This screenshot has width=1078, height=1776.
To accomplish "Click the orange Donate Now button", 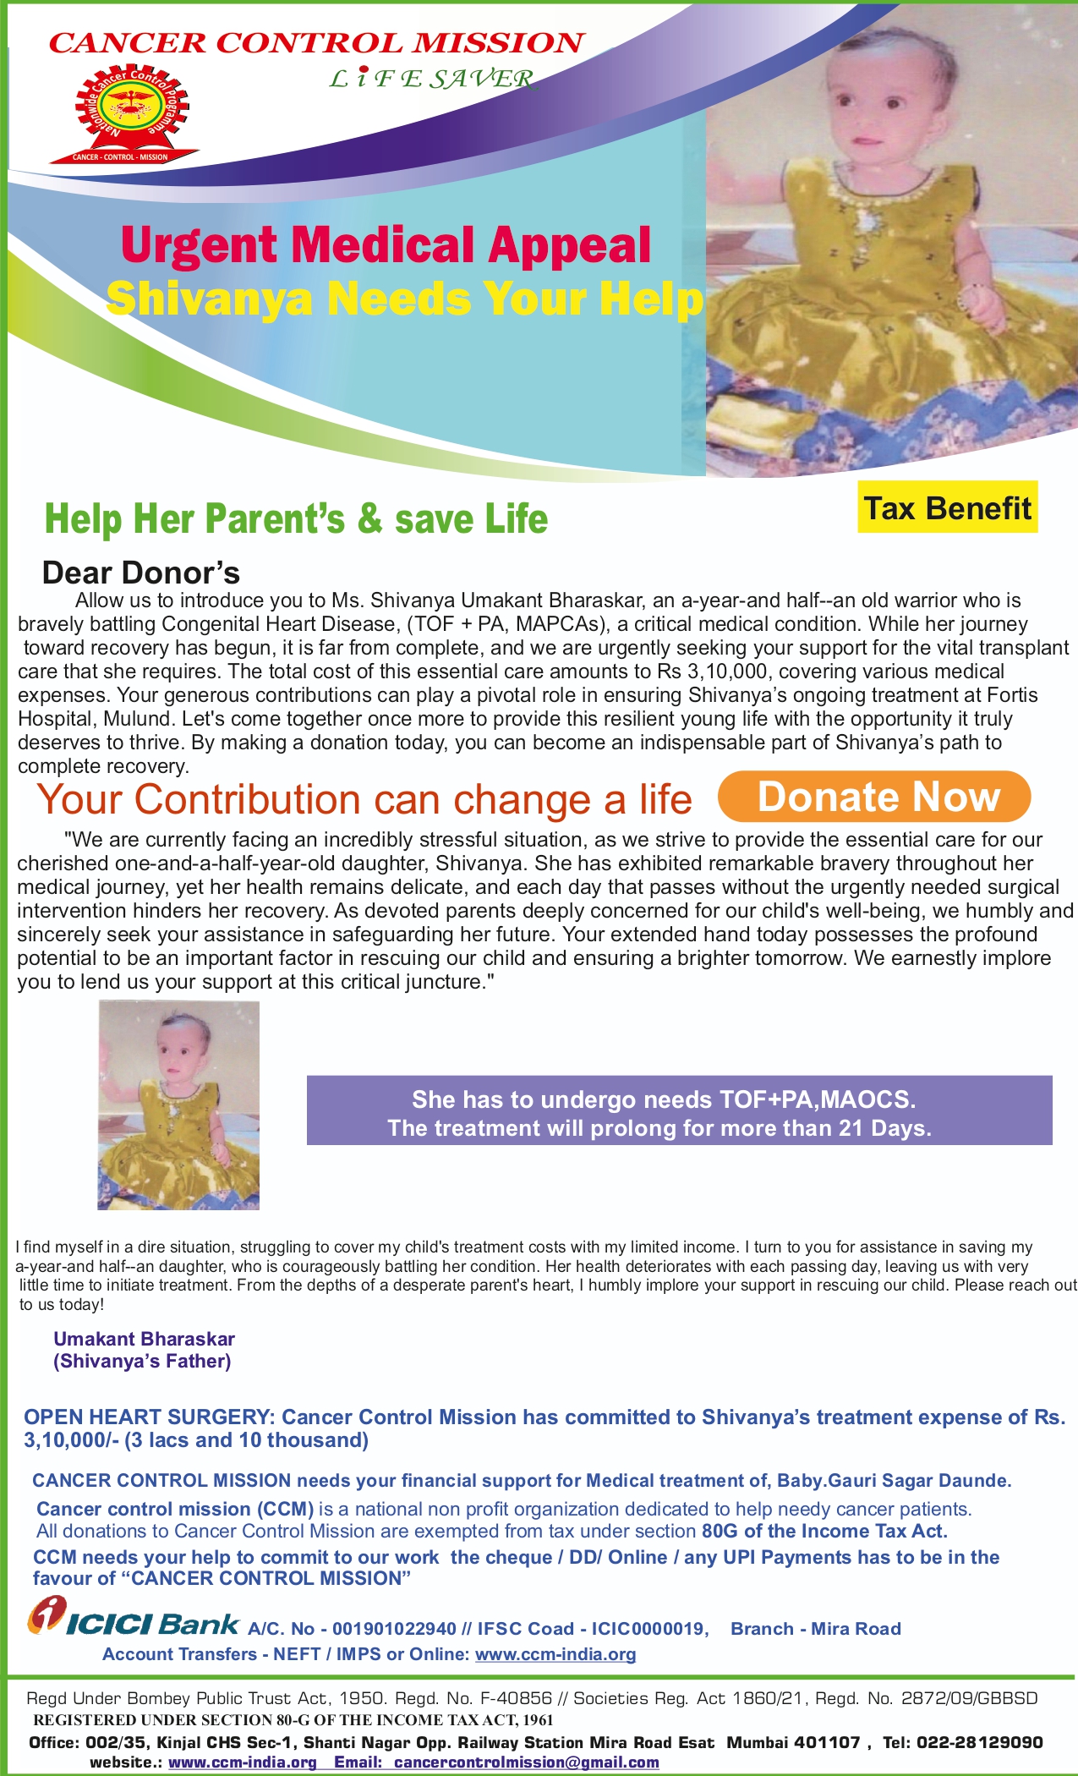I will tap(874, 797).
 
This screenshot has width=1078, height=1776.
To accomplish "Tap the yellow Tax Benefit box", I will tap(947, 508).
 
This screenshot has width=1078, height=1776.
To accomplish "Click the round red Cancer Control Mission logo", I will tap(132, 114).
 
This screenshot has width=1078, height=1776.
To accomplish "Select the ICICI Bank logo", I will tap(134, 1619).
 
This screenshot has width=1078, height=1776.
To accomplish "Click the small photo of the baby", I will tap(178, 1105).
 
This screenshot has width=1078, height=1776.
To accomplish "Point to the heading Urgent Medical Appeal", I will tap(386, 245).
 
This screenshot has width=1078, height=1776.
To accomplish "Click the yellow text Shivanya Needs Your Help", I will tap(404, 299).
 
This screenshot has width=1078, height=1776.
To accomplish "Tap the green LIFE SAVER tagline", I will tap(432, 79).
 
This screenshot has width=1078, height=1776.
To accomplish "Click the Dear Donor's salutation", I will tap(141, 573).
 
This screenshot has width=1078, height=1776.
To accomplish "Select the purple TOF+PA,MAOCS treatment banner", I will tap(679, 1110).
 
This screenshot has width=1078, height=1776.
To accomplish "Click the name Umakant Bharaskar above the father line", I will tap(144, 1339).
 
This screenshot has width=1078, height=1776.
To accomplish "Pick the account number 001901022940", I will tap(394, 1629).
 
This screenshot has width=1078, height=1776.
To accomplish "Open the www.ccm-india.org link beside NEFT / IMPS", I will tap(555, 1654).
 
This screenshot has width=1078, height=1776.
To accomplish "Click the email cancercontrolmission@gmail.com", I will tap(526, 1762).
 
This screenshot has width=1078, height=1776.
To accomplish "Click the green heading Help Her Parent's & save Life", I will tap(296, 518).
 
